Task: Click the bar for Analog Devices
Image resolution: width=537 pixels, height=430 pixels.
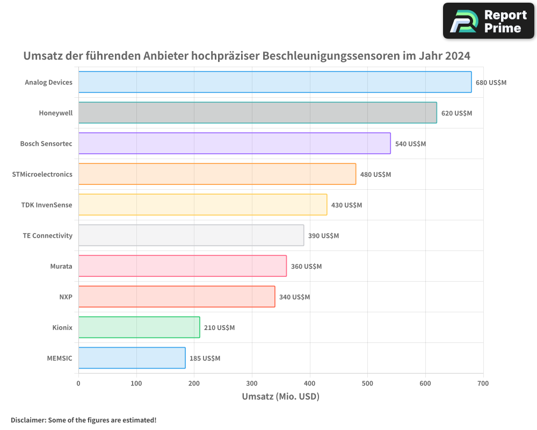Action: (275, 82)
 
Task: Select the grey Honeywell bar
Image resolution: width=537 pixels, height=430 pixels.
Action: (258, 113)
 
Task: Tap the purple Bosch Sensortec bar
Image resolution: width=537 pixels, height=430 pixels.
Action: (235, 144)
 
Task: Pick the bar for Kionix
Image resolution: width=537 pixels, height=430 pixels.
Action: (139, 327)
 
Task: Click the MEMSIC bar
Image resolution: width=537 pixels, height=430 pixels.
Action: (132, 358)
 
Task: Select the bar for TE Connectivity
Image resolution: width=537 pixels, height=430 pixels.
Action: (191, 235)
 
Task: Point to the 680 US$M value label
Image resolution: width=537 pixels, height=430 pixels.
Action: (491, 83)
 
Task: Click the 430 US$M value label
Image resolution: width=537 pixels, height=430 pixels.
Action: (346, 205)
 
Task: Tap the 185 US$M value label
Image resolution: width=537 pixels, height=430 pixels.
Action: (205, 359)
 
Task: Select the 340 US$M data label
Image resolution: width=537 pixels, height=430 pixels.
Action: (294, 297)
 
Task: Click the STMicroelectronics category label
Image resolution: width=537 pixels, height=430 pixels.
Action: (42, 174)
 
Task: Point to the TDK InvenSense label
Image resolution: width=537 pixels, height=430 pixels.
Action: (47, 205)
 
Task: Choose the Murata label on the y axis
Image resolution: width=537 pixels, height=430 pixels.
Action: (61, 266)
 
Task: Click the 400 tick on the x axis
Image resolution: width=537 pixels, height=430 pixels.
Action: (310, 383)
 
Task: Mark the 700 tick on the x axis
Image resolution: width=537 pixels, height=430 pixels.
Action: (483, 383)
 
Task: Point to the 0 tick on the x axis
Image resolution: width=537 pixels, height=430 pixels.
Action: (78, 383)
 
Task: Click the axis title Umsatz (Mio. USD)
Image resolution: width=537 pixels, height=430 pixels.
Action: (280, 397)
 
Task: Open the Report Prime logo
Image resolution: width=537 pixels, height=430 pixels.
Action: (488, 21)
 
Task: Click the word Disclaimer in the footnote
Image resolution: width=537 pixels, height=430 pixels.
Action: (27, 420)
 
